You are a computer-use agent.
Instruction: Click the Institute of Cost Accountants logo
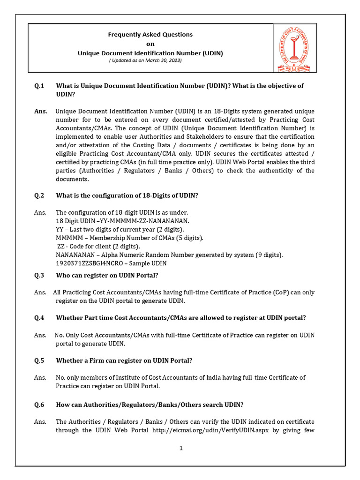295,49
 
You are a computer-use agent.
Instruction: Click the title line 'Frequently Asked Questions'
150,35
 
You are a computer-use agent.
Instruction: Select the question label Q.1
39,86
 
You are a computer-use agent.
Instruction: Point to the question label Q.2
39,195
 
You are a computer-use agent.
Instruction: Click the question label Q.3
39,275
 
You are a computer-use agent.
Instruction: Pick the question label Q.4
39,318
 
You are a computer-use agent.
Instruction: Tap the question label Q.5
39,360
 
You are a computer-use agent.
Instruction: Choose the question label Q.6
39,405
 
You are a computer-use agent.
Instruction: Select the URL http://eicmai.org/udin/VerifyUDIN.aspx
209,430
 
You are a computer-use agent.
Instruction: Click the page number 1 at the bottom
180,448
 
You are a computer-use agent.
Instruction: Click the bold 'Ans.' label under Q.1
41,111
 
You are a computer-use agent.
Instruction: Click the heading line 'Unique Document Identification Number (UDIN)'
150,53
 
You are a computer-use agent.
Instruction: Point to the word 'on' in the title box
150,44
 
